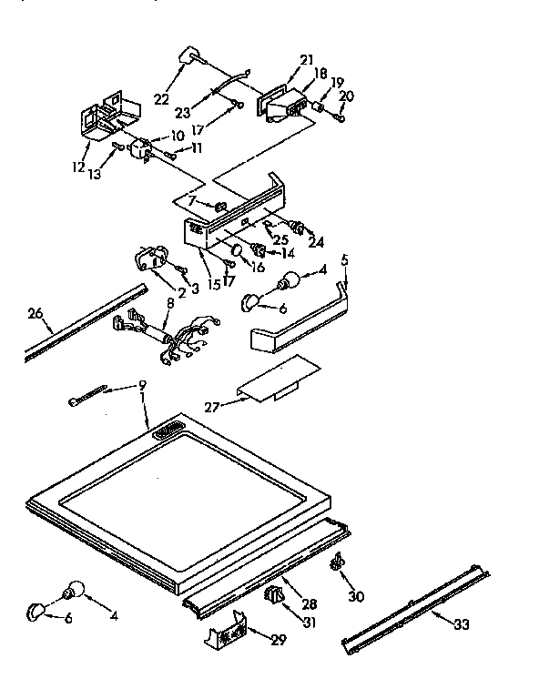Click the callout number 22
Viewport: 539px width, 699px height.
click(161, 98)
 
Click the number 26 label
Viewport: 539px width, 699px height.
click(36, 316)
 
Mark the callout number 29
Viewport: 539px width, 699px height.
click(278, 640)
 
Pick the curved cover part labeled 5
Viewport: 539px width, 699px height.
click(300, 327)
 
